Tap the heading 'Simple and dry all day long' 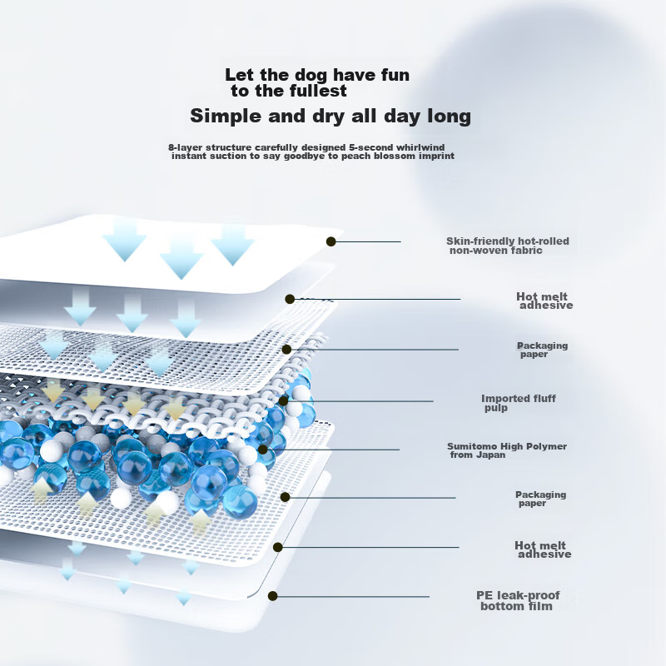pyautogui.click(x=331, y=116)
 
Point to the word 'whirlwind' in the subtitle pyautogui.click(x=420, y=147)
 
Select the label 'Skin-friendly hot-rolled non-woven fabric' pyautogui.click(x=508, y=246)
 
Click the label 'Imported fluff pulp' pyautogui.click(x=518, y=403)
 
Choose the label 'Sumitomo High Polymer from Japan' pyautogui.click(x=507, y=450)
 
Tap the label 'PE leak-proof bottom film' pyautogui.click(x=518, y=601)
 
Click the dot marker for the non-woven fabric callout pyautogui.click(x=331, y=241)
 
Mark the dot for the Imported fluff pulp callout pyautogui.click(x=283, y=400)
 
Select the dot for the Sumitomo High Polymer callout pyautogui.click(x=262, y=450)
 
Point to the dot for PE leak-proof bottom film pyautogui.click(x=273, y=596)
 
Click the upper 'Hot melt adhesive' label pyautogui.click(x=544, y=301)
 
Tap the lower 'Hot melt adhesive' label pyautogui.click(x=543, y=549)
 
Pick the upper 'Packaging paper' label pyautogui.click(x=543, y=350)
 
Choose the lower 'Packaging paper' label pyautogui.click(x=540, y=499)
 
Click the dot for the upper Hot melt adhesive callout pyautogui.click(x=290, y=299)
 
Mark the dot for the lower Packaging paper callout pyautogui.click(x=285, y=497)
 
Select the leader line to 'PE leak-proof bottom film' pyautogui.click(x=350, y=596)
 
